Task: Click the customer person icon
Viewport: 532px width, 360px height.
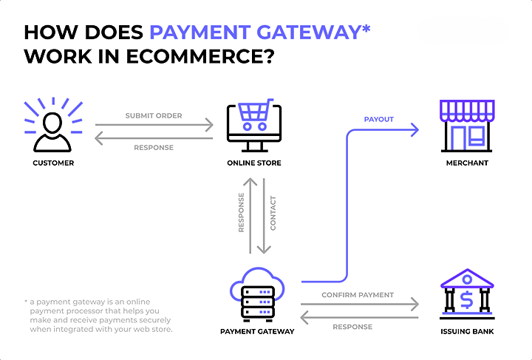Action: (53, 127)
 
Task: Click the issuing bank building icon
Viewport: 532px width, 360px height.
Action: (467, 293)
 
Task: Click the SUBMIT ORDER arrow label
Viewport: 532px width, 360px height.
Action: (154, 116)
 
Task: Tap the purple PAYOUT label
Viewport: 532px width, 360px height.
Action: (379, 119)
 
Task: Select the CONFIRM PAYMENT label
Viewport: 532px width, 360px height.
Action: (358, 295)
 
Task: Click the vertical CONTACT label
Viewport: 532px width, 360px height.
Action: (273, 214)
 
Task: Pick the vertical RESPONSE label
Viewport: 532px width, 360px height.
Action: (241, 214)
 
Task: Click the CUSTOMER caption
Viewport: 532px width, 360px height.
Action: (53, 163)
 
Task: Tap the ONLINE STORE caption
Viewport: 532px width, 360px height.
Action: (254, 163)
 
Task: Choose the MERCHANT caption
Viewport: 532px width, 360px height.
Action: (467, 163)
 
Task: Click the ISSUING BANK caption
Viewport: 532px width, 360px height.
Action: (467, 331)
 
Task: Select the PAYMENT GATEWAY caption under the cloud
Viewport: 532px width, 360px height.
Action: (257, 331)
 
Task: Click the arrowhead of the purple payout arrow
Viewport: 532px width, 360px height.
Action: (415, 130)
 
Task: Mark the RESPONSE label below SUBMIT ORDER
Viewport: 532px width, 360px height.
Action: (154, 147)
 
